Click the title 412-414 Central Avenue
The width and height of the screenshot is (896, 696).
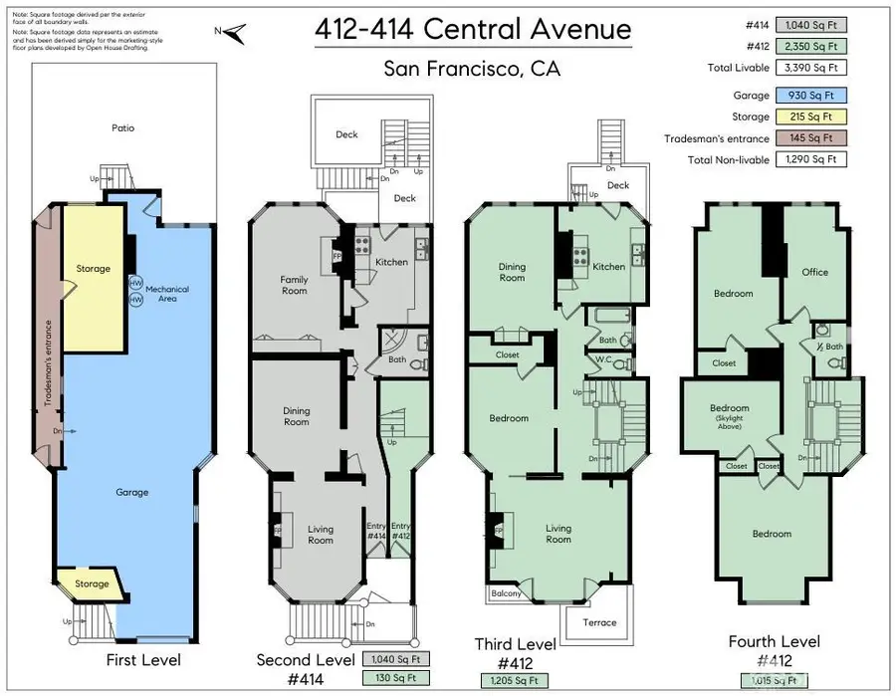pyautogui.click(x=472, y=29)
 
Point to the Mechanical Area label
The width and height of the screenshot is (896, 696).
pyautogui.click(x=166, y=294)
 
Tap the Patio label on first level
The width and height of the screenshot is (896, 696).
pyautogui.click(x=122, y=127)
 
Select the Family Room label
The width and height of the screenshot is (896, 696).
pyautogui.click(x=294, y=286)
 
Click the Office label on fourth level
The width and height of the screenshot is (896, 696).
pyautogui.click(x=814, y=272)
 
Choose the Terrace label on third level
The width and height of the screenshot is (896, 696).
pyautogui.click(x=599, y=622)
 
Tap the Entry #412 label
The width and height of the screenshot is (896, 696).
pyautogui.click(x=400, y=531)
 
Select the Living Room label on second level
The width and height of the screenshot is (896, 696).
pyautogui.click(x=321, y=535)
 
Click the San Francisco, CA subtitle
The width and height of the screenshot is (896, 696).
pyautogui.click(x=472, y=70)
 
